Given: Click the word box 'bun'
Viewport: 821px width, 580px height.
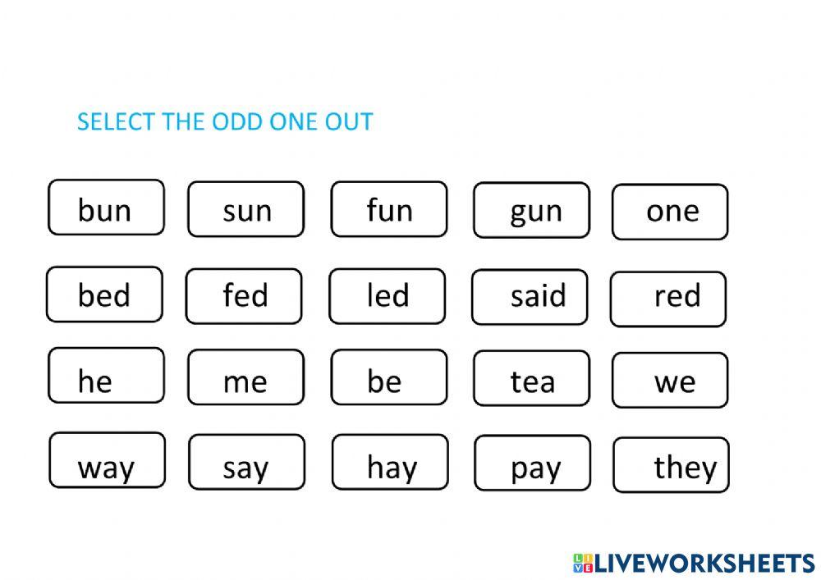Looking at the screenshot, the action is click(106, 207).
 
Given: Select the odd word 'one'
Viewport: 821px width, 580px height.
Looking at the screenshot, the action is click(670, 212).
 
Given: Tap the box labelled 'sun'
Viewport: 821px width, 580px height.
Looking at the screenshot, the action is click(246, 209).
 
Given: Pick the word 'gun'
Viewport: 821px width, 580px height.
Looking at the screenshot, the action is click(531, 210).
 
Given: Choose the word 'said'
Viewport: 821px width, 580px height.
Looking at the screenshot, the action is click(530, 297).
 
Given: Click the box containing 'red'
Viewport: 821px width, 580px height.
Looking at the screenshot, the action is click(668, 299).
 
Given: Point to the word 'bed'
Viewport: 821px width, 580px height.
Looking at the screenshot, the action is click(105, 295).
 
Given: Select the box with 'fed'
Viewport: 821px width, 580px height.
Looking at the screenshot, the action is click(244, 296).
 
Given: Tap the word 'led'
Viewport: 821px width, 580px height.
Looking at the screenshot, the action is click(388, 296).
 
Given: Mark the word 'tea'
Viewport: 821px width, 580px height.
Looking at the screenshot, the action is click(531, 378).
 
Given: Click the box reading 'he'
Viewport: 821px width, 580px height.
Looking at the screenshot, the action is click(106, 376).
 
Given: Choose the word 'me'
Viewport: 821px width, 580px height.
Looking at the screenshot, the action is click(246, 377).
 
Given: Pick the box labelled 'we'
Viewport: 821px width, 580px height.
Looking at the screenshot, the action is click(670, 380).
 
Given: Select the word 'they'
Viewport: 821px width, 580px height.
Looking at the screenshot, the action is click(672, 465).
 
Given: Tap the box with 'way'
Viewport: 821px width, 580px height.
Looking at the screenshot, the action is click(108, 460).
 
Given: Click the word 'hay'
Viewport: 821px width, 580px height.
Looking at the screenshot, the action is click(390, 462).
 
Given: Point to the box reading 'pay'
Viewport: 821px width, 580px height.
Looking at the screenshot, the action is click(533, 463).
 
